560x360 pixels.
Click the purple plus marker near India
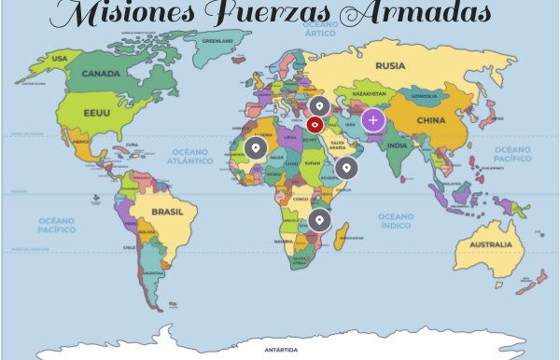[373, 119]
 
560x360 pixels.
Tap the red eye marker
[315, 123]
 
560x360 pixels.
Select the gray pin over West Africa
[255, 147]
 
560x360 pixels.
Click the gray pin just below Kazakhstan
[318, 105]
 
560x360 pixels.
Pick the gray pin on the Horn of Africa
[346, 168]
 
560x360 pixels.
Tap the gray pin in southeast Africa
[320, 220]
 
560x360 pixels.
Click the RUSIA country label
[390, 65]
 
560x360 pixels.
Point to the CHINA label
[430, 120]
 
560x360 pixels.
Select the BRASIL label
[168, 212]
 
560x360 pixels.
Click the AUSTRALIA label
[490, 245]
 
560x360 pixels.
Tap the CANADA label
[101, 74]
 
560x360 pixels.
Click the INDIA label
[396, 145]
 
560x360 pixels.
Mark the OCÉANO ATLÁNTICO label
[191, 156]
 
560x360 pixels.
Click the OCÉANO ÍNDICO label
[397, 220]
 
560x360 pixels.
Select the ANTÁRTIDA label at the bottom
[281, 350]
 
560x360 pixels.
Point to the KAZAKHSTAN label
[370, 94]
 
